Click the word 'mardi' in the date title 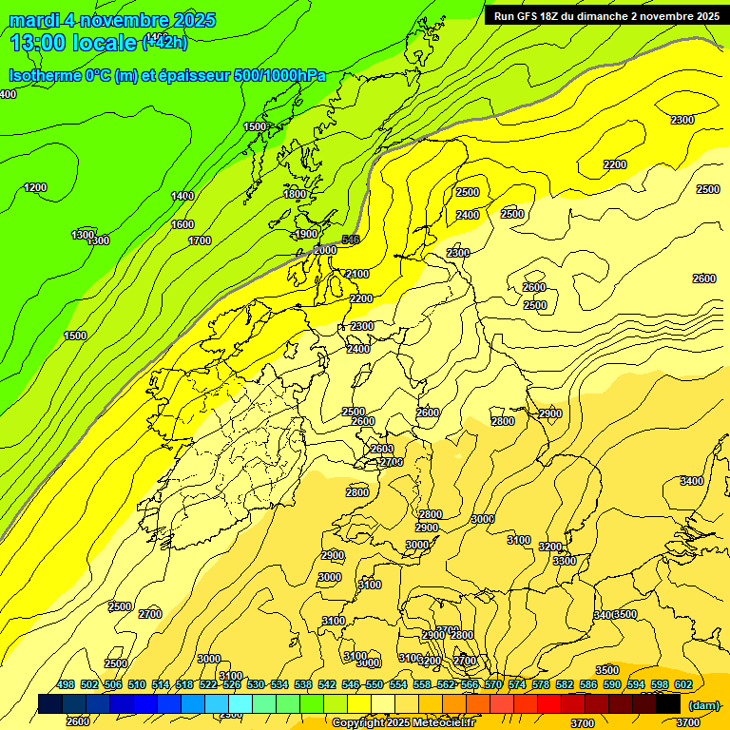[x=34, y=20]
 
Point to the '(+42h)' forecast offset [x=164, y=41]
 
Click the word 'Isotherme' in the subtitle [x=44, y=75]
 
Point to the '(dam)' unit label [x=703, y=704]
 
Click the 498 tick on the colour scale [x=66, y=684]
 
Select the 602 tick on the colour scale [x=683, y=684]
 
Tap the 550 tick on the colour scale [x=375, y=684]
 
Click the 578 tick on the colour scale [x=541, y=684]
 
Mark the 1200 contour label [x=35, y=187]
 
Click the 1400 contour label [x=182, y=196]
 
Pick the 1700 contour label [x=200, y=240]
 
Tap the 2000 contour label [x=325, y=250]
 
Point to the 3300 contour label [x=565, y=561]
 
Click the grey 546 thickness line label [x=351, y=240]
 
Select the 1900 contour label [x=306, y=234]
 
